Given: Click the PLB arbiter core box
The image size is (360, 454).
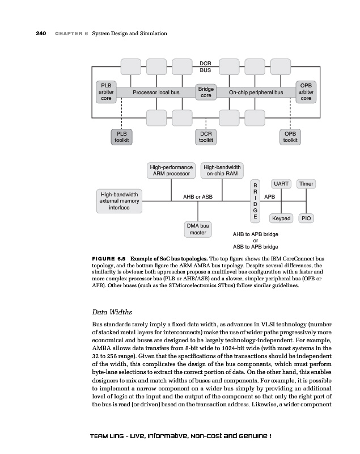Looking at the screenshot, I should pyautogui.click(x=106, y=92).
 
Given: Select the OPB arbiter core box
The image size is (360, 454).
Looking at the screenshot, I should pyautogui.click(x=306, y=92).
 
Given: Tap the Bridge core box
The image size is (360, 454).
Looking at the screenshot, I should pyautogui.click(x=206, y=93).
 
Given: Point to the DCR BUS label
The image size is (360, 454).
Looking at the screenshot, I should pyautogui.click(x=205, y=66).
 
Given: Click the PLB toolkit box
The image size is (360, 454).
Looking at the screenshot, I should pyautogui.click(x=121, y=137).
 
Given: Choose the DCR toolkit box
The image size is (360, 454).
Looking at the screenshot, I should pyautogui.click(x=206, y=137).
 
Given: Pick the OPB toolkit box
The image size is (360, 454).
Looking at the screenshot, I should pyautogui.click(x=290, y=137).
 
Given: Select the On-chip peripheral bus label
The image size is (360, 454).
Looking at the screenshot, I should pyautogui.click(x=256, y=93).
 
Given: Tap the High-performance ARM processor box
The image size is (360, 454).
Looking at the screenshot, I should pyautogui.click(x=171, y=171).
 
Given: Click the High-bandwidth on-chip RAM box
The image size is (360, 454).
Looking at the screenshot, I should pyautogui.click(x=222, y=171).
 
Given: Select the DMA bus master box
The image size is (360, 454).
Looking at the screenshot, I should pyautogui.click(x=198, y=229).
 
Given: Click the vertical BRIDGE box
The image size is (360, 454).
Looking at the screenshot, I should pyautogui.click(x=255, y=201).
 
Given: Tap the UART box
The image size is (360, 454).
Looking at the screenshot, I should pyautogui.click(x=281, y=184).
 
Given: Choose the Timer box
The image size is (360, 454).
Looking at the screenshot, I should pyautogui.click(x=306, y=184).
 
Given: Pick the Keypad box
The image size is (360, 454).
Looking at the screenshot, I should pyautogui.click(x=281, y=218).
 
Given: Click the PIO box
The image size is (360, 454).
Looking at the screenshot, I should pyautogui.click(x=306, y=218).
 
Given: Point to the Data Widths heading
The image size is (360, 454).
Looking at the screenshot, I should pyautogui.click(x=112, y=312).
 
